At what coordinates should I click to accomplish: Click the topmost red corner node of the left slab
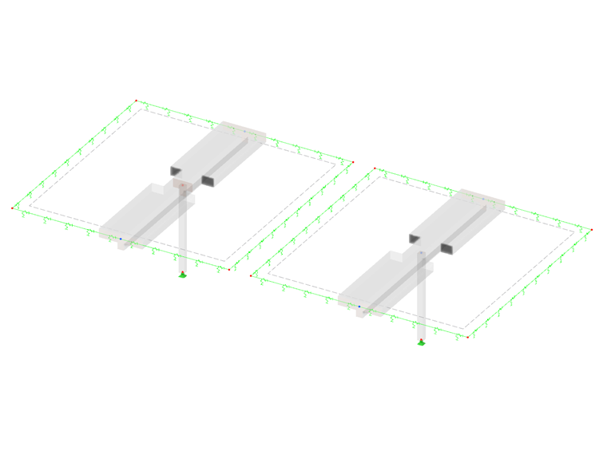(x=136, y=101)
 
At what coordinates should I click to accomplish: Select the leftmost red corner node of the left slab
(x=13, y=208)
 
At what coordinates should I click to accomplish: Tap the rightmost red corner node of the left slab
(x=352, y=163)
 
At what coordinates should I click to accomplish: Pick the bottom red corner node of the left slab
(x=229, y=270)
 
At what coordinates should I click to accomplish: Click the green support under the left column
(x=183, y=275)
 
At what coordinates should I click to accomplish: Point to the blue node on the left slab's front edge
(x=121, y=238)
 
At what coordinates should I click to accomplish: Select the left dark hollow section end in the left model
(x=177, y=171)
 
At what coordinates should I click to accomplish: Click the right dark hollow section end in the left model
(x=209, y=180)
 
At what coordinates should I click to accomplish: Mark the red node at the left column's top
(x=183, y=190)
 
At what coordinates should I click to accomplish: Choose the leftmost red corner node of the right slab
(x=252, y=276)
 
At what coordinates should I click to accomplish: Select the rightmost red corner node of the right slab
(x=592, y=231)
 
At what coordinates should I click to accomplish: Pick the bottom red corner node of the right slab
(x=468, y=338)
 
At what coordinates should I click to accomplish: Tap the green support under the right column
(x=422, y=342)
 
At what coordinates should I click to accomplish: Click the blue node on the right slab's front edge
(x=359, y=306)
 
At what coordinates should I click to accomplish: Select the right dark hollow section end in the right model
(x=448, y=248)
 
